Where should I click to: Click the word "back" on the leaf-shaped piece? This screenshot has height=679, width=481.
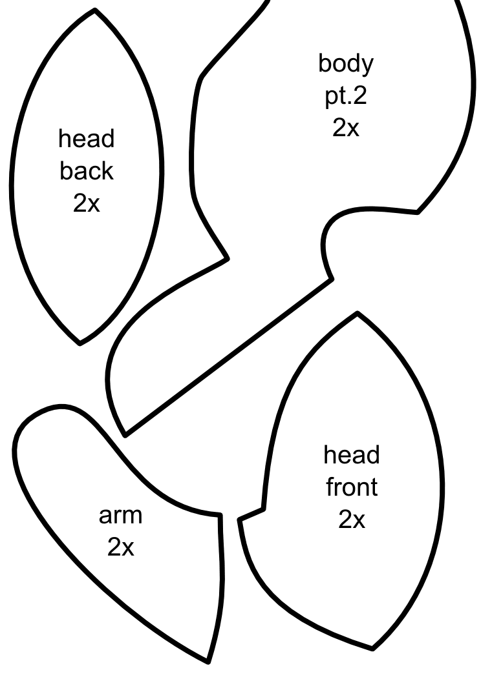coord(87,171)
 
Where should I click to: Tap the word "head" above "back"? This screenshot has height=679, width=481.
coord(87,139)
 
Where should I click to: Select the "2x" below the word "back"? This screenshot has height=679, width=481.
coord(87,203)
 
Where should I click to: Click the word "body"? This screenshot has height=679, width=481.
coord(346,64)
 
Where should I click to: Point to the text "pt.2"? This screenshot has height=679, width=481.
coord(346,96)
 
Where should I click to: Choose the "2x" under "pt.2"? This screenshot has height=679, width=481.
coord(346,128)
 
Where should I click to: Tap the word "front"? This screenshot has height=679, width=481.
coord(351,487)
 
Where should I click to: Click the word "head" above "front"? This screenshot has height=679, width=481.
coord(351,455)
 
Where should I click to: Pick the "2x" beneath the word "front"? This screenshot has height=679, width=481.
coord(351,519)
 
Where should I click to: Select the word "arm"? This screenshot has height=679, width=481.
coord(120,515)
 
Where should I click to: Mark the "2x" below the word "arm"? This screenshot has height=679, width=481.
coord(120,547)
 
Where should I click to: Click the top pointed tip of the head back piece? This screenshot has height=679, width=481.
coord(95,10)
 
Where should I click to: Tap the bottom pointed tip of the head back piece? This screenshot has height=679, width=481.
coord(80,343)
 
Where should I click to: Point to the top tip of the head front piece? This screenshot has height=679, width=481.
coord(357,314)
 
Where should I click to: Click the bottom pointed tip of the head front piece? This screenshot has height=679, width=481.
coord(372,648)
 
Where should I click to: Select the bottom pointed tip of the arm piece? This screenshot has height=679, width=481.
coord(208,661)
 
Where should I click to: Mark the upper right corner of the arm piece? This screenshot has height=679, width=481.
coord(220,515)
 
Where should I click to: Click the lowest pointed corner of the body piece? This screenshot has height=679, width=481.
coord(125,434)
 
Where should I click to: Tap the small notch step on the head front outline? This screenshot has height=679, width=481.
coord(263,509)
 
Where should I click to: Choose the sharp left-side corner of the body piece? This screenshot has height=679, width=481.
coord(227,259)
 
